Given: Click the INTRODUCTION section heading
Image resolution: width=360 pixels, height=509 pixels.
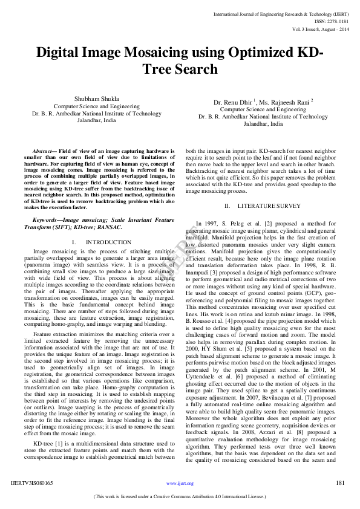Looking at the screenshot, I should tap(108, 242).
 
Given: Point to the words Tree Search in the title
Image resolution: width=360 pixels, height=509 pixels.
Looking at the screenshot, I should tap(180, 69).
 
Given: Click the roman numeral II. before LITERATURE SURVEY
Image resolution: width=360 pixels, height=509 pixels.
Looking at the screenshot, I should tap(227, 206).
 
